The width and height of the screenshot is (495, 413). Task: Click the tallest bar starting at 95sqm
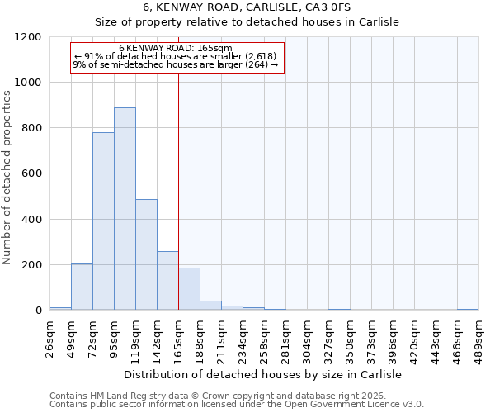[125, 209]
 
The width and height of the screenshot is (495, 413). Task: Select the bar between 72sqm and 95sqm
[103, 221]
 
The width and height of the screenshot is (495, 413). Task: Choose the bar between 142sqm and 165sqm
[167, 281]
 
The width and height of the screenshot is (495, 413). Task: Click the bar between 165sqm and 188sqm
[189, 289]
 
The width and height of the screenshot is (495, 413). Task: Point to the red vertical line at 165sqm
[178, 190]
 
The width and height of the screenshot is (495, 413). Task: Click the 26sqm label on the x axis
[49, 337]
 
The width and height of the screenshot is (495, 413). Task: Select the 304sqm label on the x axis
[307, 337]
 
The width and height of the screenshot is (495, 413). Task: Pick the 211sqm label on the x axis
[221, 337]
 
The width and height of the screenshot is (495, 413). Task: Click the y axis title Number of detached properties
[7, 173]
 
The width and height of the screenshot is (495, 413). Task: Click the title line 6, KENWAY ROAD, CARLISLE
[247, 7]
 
